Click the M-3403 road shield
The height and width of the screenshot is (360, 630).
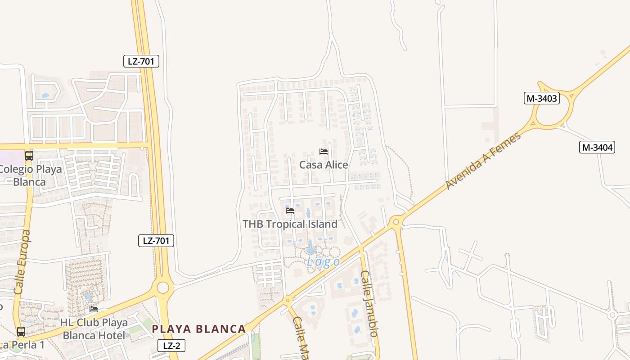[x=541, y=98]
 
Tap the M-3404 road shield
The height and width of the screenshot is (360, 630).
[x=597, y=147]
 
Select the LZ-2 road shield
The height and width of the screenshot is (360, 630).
[x=171, y=346]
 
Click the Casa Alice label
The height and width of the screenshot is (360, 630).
[x=324, y=165]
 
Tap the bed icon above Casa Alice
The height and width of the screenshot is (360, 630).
[x=324, y=152]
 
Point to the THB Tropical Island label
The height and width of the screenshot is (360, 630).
[x=290, y=224]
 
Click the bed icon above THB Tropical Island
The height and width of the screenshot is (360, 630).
[x=290, y=210]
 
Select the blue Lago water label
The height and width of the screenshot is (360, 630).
[x=323, y=261]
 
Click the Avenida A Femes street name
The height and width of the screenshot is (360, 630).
[x=484, y=160]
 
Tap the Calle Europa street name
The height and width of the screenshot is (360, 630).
[x=23, y=262]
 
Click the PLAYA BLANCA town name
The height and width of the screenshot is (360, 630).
[x=199, y=329]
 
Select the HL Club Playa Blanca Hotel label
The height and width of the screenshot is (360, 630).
[x=94, y=329]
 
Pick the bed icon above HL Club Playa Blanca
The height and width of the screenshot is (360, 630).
[x=94, y=309]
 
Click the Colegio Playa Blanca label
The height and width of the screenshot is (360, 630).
[x=30, y=176]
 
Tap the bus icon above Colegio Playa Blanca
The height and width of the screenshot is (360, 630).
[x=29, y=156]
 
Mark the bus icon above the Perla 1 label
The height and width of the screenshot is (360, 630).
[x=21, y=332]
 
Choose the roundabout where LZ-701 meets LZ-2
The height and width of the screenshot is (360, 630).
[x=163, y=287]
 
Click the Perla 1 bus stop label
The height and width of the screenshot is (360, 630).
[x=22, y=345]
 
